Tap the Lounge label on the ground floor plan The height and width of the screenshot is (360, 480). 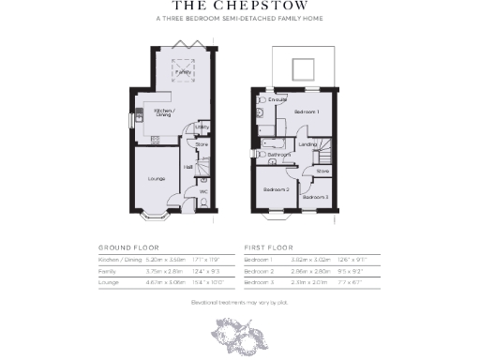pos(157,178)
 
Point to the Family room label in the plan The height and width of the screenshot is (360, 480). pos(185,72)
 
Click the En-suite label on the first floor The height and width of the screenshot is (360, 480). pos(277,99)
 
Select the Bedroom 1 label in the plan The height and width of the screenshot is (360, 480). pos(307,112)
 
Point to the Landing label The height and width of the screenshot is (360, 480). pos(307,143)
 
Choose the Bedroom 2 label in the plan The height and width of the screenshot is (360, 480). pos(276,190)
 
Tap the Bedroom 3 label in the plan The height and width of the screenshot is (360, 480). pos(315,197)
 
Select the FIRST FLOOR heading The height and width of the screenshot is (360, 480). pos(266,247)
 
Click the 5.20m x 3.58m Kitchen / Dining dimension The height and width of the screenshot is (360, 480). pos(165,258)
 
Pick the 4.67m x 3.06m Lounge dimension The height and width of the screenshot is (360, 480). pos(165,281)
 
